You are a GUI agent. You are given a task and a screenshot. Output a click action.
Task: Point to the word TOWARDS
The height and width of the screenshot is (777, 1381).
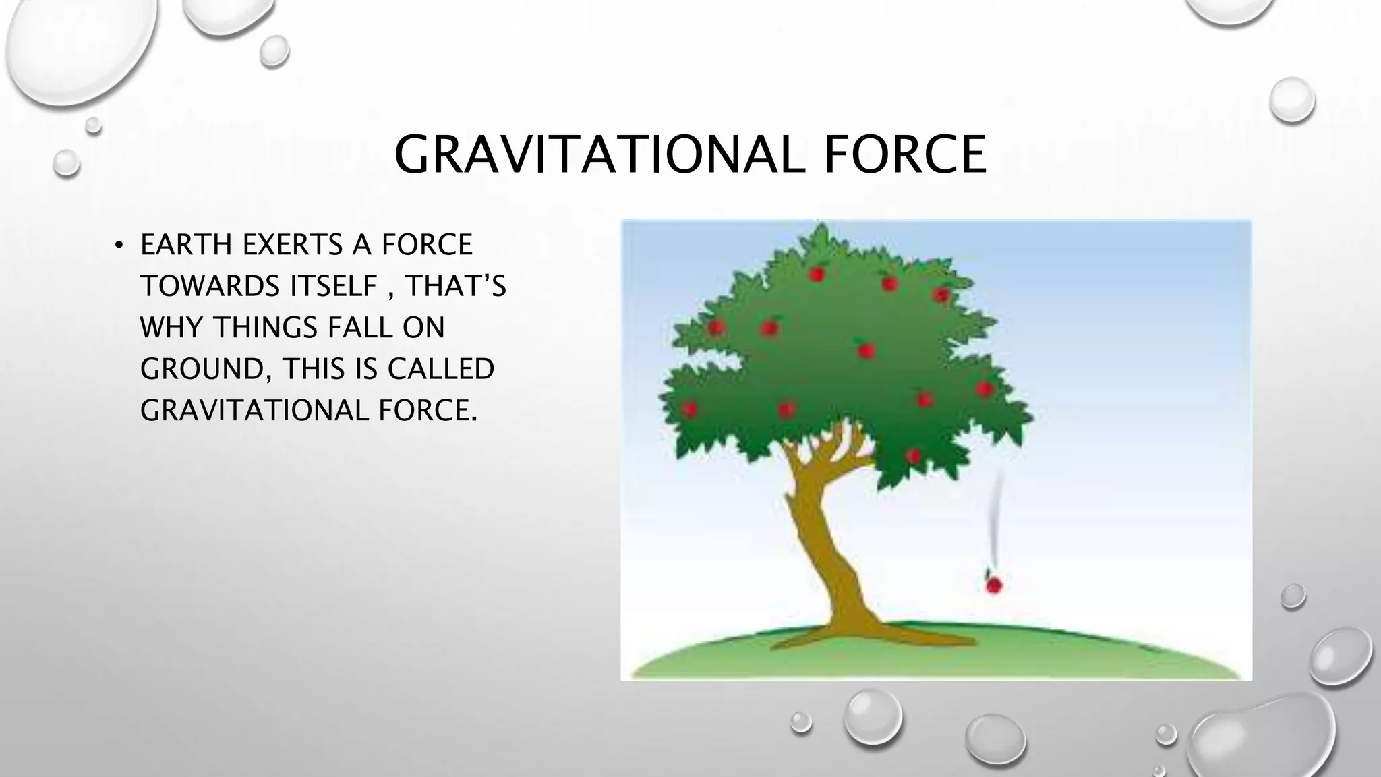pyautogui.click(x=210, y=287)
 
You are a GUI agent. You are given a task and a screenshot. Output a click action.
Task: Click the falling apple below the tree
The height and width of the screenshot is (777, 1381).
pyautogui.click(x=993, y=584)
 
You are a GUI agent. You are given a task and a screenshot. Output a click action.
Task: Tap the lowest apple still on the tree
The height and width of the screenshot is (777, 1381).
pyautogui.click(x=914, y=457)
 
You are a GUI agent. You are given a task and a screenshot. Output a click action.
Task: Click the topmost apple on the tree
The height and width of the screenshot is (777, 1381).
pyautogui.click(x=817, y=274)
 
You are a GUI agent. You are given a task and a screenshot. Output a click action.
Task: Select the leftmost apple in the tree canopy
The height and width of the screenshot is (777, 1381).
pyautogui.click(x=689, y=409)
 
